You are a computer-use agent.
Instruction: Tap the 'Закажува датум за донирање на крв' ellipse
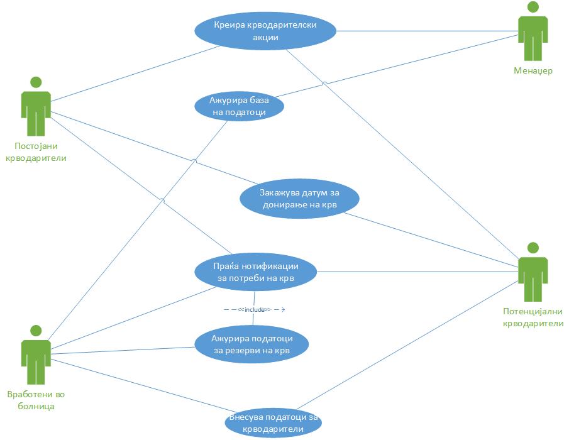[299, 199]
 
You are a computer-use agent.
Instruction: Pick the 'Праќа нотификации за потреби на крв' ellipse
[255, 272]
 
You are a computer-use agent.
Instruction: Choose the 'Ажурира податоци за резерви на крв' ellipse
[251, 344]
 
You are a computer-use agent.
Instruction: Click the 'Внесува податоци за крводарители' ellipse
[272, 423]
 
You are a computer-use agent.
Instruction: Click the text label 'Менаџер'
[533, 71]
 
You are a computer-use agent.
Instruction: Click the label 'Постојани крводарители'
[36, 152]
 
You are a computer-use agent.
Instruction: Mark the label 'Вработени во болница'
[36, 400]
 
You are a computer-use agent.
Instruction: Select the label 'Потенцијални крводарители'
[533, 317]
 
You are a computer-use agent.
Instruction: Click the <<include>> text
[254, 310]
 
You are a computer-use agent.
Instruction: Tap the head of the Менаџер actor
[533, 8]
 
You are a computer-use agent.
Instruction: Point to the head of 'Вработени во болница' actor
[36, 331]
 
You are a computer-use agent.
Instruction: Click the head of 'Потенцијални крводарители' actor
[533, 248]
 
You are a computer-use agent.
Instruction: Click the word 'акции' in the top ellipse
[265, 37]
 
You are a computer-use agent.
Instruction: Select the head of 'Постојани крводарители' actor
[36, 82]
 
